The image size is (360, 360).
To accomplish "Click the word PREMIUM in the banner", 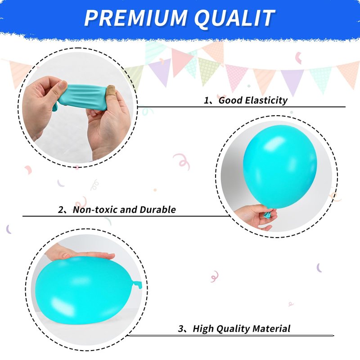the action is [x=136, y=18].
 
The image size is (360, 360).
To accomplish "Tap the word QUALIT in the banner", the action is [x=234, y=18].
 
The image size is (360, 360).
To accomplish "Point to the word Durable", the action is [x=157, y=209].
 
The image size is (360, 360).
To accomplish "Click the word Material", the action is [x=271, y=328].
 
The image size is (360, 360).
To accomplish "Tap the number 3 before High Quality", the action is [x=181, y=328].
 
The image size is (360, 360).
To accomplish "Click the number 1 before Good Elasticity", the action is [x=207, y=100].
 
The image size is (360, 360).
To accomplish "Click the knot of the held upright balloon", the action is [x=267, y=215].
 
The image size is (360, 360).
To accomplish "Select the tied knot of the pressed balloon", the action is [x=137, y=284].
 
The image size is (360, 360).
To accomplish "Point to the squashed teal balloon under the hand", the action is [x=85, y=290].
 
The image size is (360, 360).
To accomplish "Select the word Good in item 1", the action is [x=230, y=100].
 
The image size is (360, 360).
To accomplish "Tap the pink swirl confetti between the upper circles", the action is [x=182, y=161].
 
